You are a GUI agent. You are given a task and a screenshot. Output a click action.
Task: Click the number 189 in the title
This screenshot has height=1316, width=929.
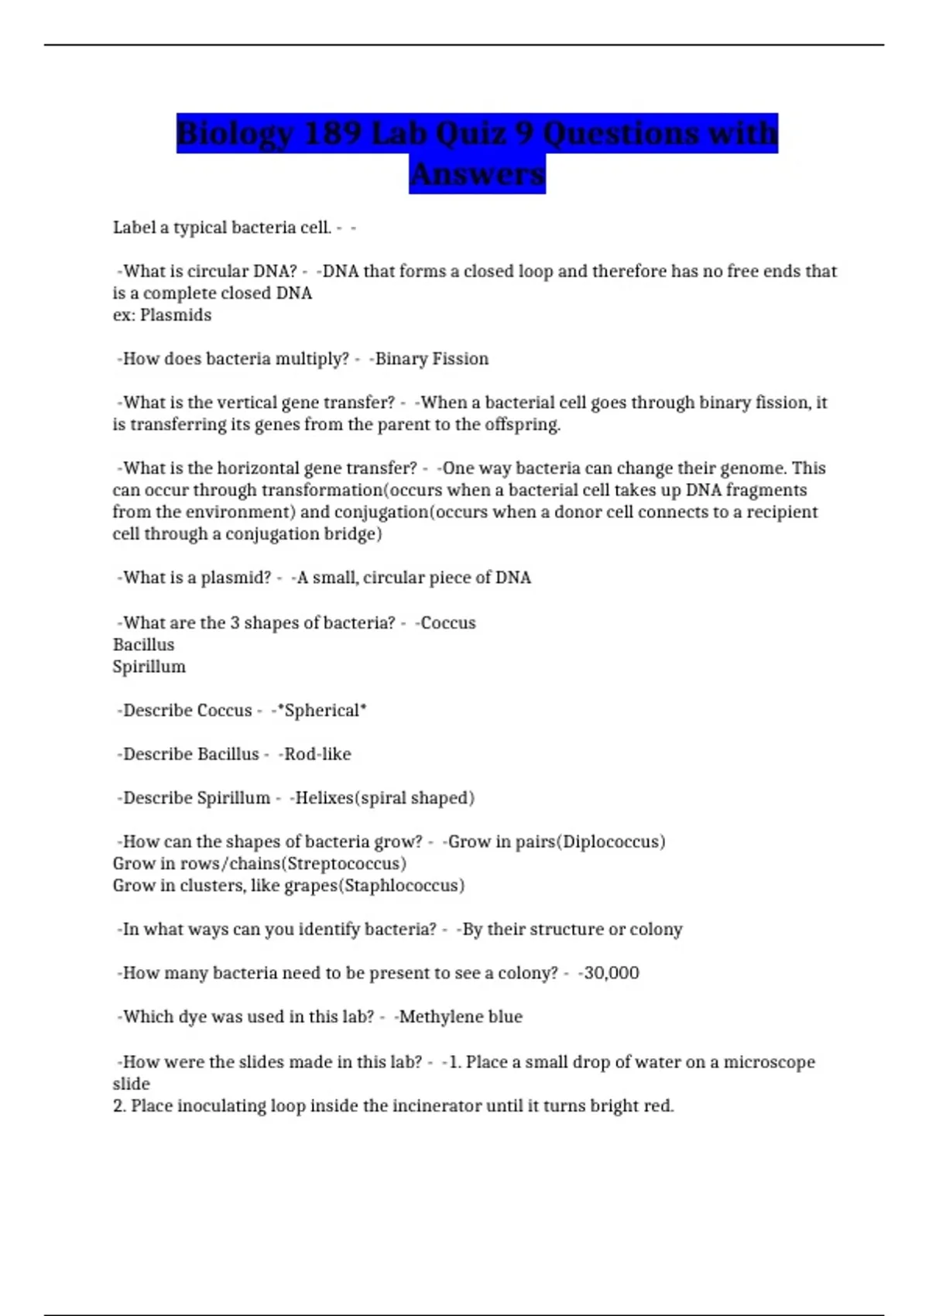tap(332, 133)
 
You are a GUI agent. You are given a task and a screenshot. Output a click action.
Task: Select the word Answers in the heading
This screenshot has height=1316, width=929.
tap(478, 174)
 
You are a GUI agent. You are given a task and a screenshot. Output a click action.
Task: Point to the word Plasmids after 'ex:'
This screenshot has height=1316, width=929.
tap(176, 315)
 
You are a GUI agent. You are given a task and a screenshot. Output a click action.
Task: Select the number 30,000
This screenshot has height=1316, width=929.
tap(612, 973)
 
